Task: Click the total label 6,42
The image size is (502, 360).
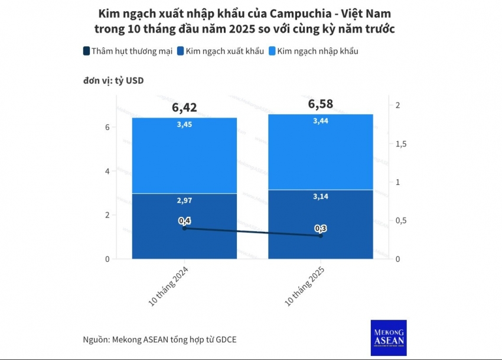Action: [184, 107]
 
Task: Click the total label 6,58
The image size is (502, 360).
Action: [321, 104]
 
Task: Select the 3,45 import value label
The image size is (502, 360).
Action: [184, 125]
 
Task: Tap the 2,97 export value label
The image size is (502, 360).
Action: [184, 201]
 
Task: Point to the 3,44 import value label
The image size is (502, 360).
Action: [321, 121]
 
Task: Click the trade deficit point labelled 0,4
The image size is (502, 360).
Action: [184, 228]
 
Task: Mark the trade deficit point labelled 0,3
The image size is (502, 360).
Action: [321, 236]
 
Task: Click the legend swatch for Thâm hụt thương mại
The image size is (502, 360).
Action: [87, 51]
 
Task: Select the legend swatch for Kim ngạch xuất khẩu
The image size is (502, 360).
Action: [181, 51]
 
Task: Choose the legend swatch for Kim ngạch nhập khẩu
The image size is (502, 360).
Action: [272, 51]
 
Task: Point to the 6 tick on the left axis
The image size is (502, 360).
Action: [107, 127]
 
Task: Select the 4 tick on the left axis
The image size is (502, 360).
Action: [107, 171]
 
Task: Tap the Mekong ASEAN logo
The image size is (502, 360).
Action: [389, 338]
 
